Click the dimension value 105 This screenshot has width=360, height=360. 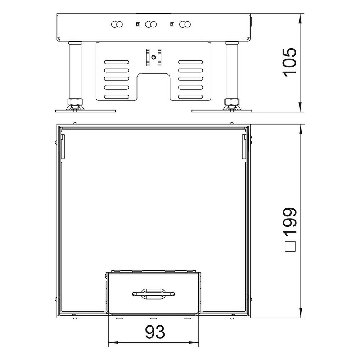click(289, 62)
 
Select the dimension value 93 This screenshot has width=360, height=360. click(155, 332)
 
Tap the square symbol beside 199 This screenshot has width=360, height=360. click(290, 246)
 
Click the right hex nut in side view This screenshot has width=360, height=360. click(232, 102)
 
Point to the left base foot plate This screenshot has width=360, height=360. click(85, 111)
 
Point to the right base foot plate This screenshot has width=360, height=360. click(221, 111)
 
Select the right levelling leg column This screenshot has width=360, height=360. click(232, 71)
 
